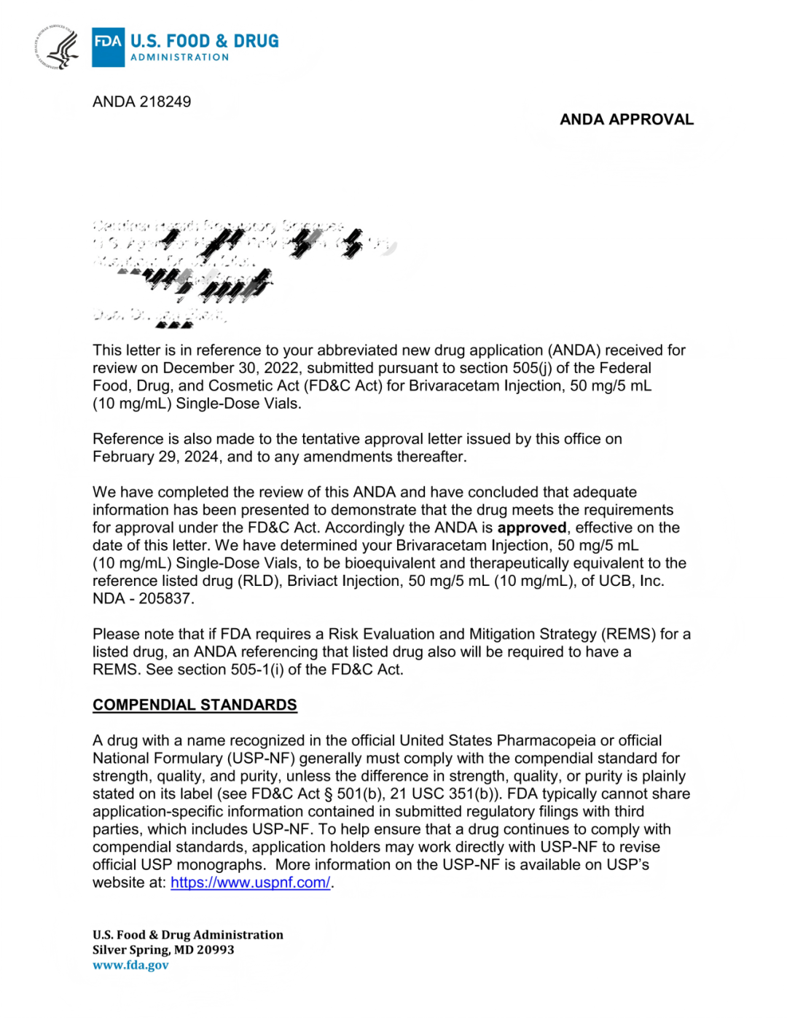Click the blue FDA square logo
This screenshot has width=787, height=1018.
(x=108, y=47)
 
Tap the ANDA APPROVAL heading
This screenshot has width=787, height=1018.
(x=626, y=120)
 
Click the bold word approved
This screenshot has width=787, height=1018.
(x=531, y=528)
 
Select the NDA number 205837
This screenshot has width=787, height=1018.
(x=166, y=598)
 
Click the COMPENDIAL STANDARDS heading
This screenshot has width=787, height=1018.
(x=195, y=705)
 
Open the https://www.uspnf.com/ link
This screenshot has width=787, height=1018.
(x=250, y=882)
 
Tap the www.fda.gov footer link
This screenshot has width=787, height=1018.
(x=130, y=965)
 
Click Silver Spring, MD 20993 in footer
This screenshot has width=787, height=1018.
(x=163, y=950)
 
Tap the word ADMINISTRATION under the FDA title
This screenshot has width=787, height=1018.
(x=179, y=58)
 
